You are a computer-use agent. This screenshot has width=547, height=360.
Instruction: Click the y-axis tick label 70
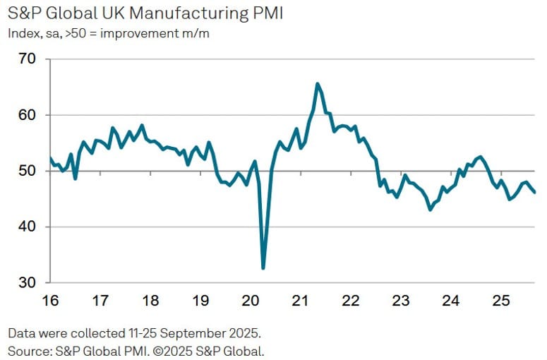26,59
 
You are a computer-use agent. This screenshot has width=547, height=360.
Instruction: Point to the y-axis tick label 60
26,115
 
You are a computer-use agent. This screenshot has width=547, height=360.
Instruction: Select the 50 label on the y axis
26,171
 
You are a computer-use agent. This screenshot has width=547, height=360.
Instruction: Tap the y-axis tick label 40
26,227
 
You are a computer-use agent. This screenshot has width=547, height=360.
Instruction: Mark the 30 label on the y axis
26,282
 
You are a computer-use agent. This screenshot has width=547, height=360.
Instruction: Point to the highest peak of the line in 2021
318,83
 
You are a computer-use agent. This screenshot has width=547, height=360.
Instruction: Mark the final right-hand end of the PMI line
534,192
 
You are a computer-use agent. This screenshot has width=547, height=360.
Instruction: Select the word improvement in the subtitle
134,32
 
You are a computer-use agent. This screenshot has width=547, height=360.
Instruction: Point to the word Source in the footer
29,350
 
